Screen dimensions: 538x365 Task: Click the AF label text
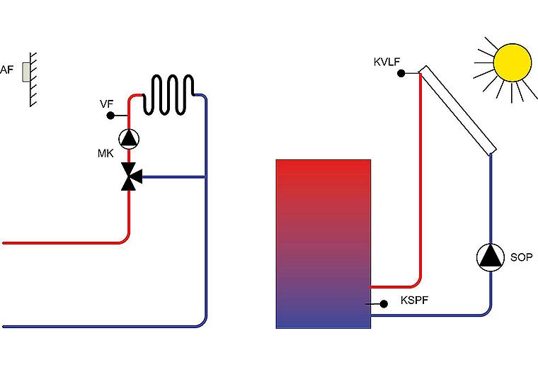6,69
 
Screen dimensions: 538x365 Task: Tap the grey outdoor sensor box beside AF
25,72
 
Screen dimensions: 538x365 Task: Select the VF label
107,104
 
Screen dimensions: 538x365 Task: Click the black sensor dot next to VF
110,116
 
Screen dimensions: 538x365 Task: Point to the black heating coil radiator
168,94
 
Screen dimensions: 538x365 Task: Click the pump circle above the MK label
129,139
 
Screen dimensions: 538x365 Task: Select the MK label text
105,153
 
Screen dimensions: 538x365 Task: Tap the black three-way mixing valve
131,176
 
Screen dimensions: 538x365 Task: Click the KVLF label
387,62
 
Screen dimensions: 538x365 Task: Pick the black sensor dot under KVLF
401,73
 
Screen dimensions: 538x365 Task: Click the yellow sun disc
513,62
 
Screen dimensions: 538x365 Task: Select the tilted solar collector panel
457,111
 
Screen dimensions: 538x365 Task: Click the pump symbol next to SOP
491,257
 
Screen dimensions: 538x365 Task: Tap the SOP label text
521,257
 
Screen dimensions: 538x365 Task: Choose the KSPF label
415,301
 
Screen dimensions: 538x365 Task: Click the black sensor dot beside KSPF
384,304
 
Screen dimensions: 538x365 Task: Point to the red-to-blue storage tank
324,244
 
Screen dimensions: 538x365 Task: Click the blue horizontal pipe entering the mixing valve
173,177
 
